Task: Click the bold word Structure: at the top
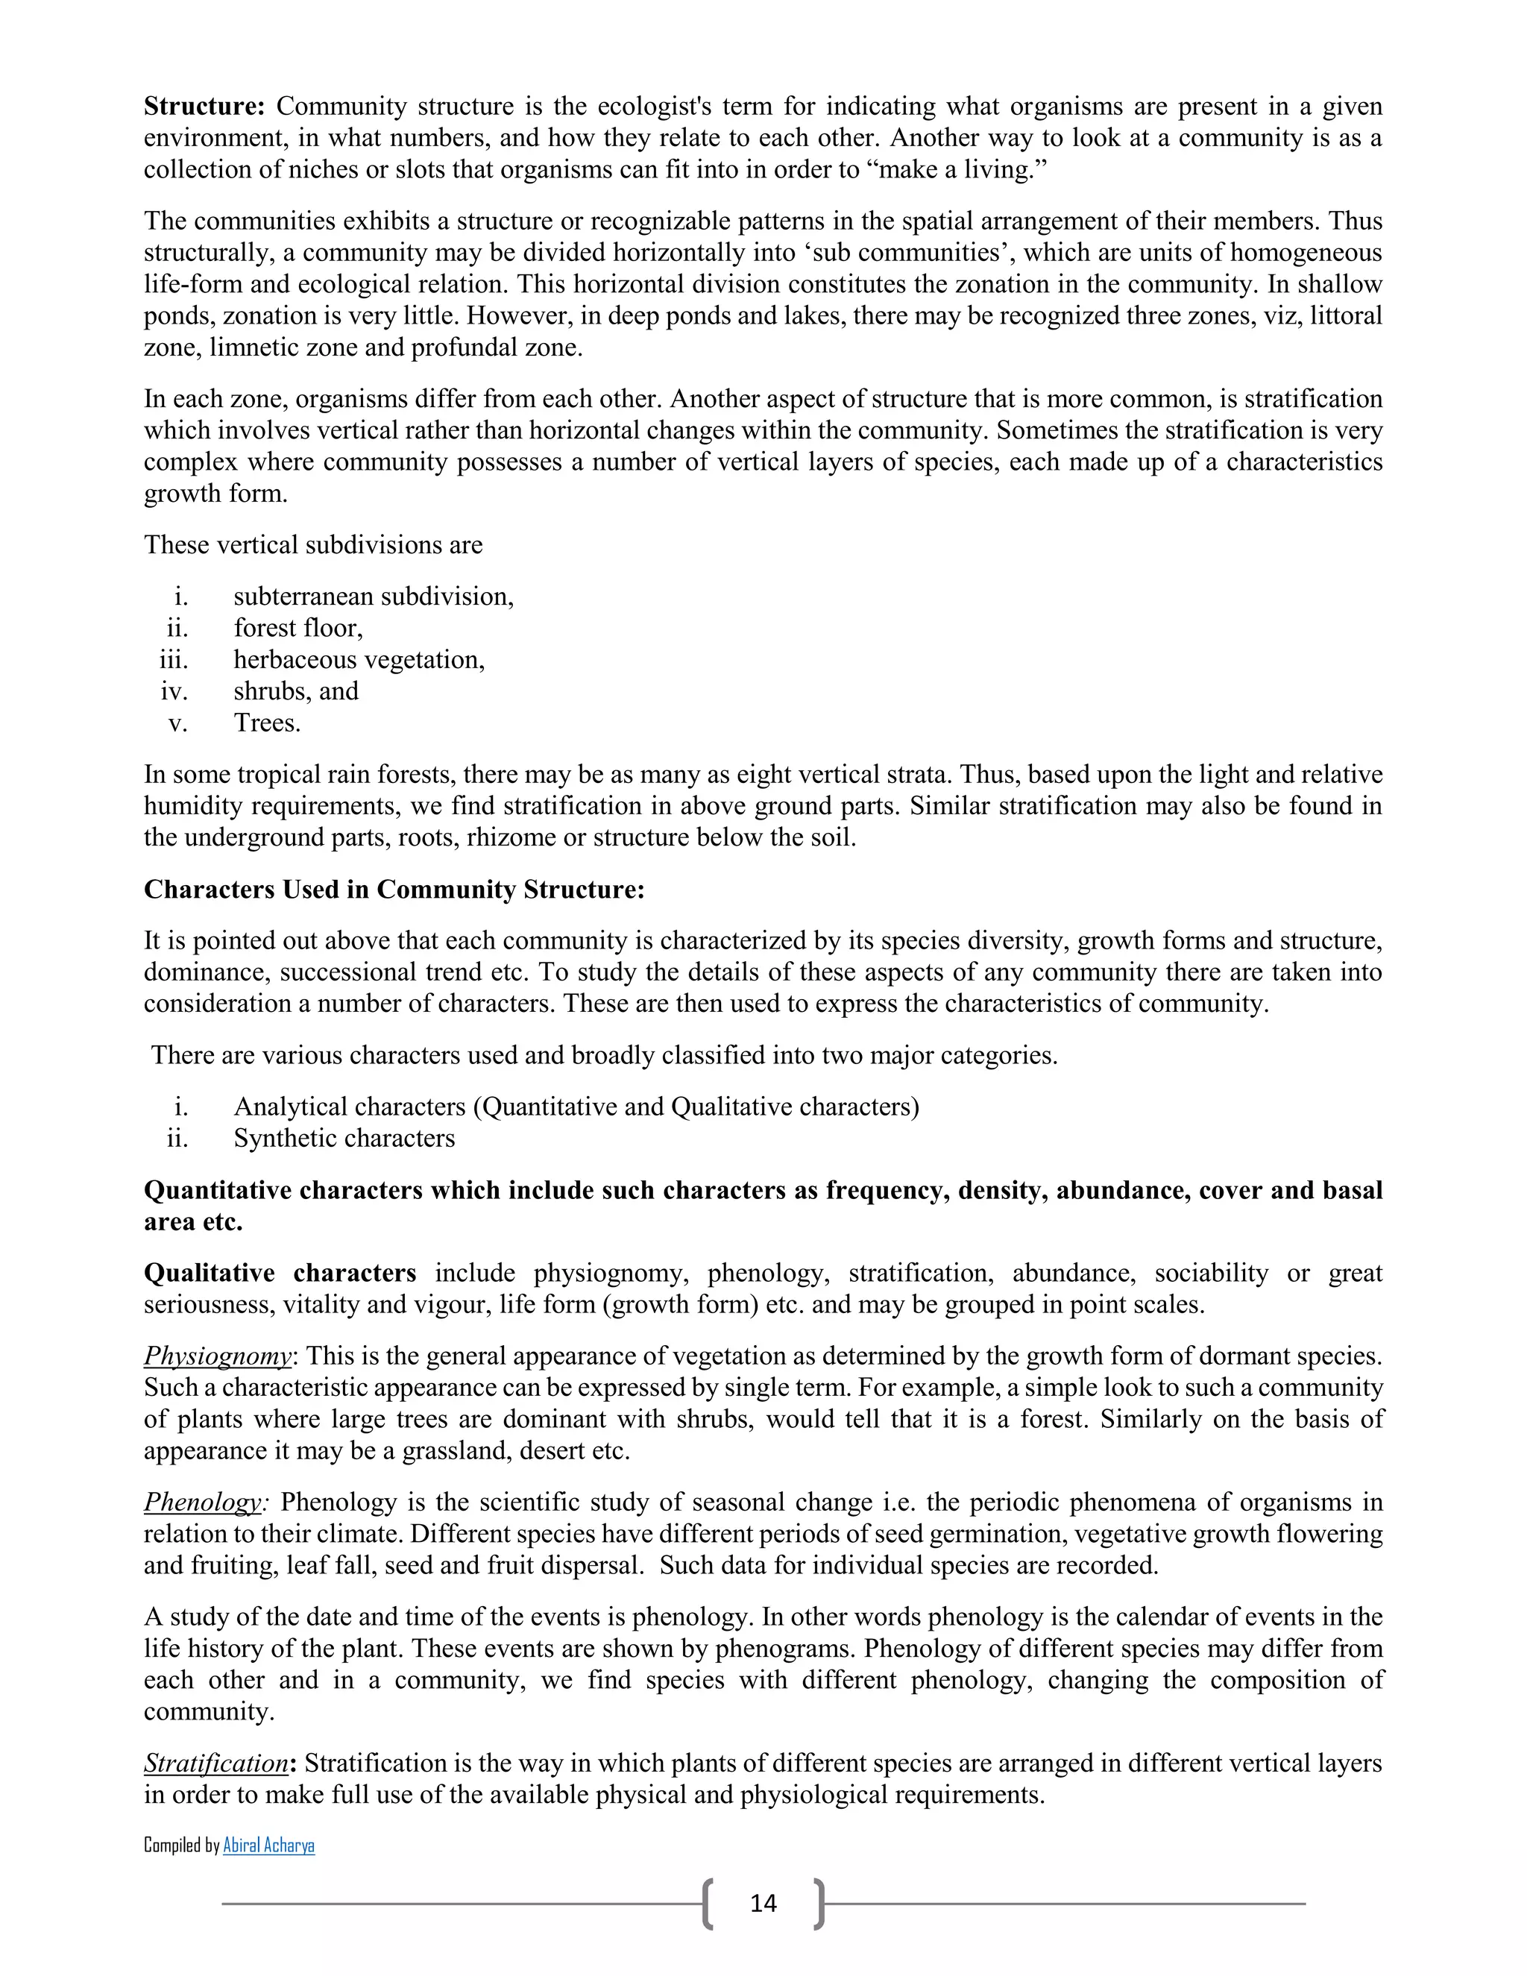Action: (204, 107)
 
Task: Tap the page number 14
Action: (763, 1903)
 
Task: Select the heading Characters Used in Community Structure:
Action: (394, 890)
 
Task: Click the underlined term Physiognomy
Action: (218, 1356)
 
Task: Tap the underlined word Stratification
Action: (216, 1763)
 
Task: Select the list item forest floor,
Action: (297, 628)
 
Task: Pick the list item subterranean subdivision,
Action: (373, 597)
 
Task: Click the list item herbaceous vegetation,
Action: (358, 660)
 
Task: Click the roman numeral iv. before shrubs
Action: (174, 691)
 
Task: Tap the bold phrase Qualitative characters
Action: (280, 1273)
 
